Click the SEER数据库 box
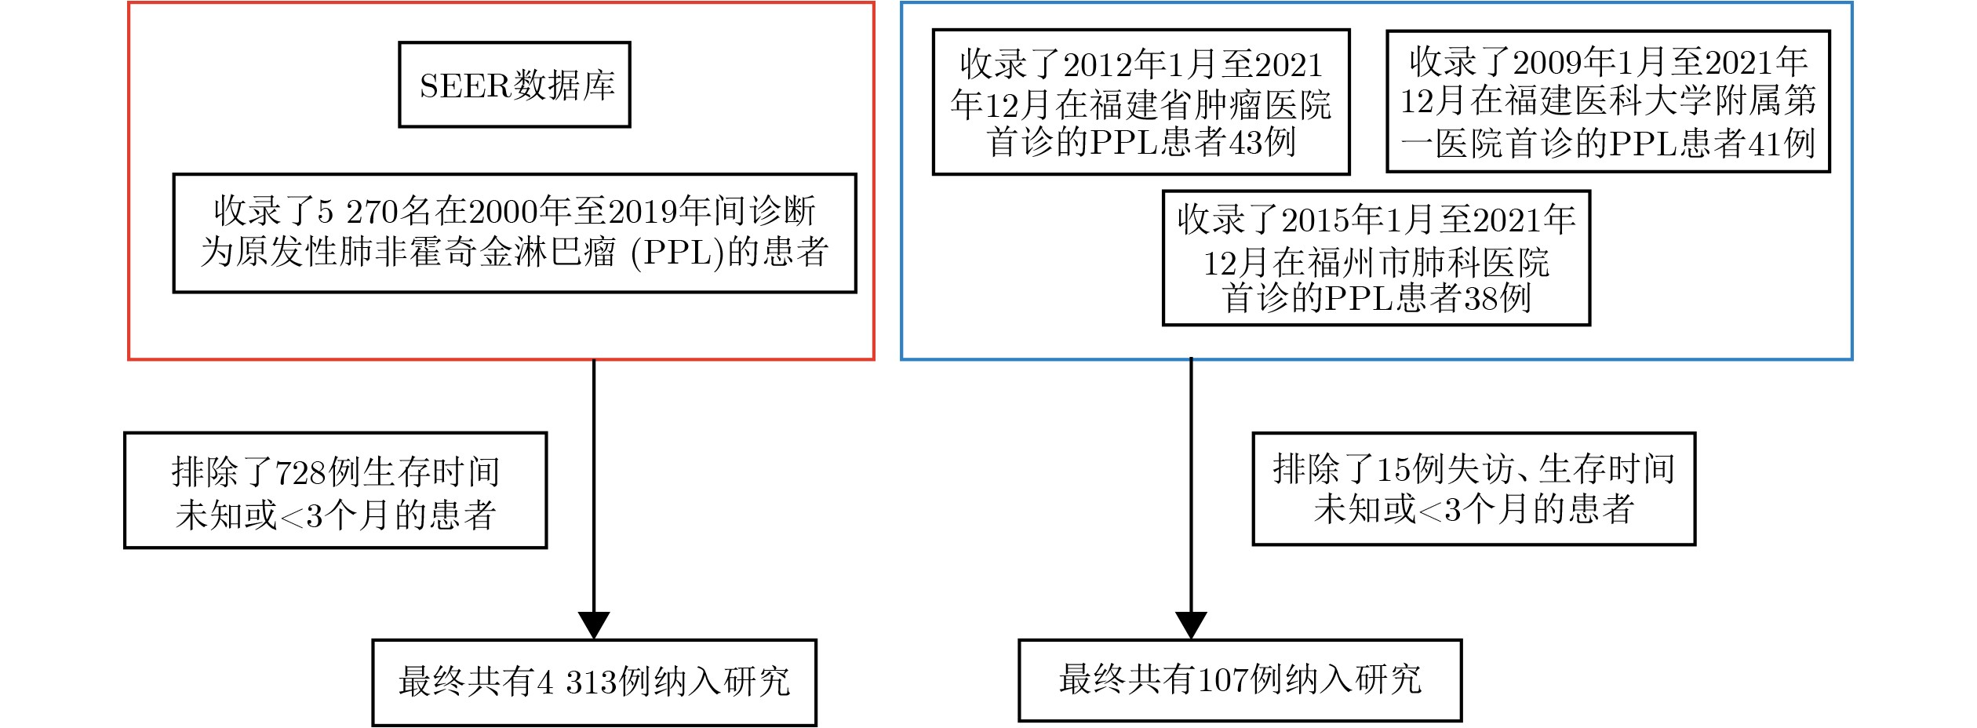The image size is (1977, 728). [x=514, y=85]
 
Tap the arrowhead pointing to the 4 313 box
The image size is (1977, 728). [x=594, y=625]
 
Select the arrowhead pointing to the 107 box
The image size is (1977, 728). [x=1191, y=625]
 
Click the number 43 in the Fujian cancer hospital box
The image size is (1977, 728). [x=1245, y=143]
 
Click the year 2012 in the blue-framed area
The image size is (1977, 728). [x=1098, y=65]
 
